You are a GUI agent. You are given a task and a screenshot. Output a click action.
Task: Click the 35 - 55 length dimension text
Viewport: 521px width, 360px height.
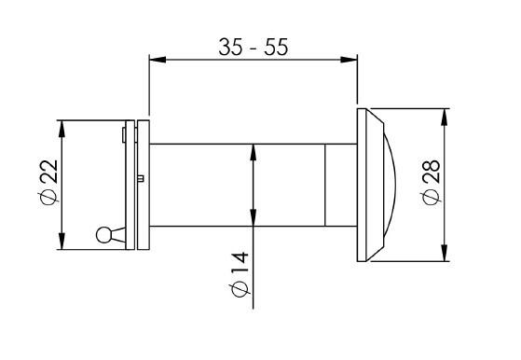(254, 48)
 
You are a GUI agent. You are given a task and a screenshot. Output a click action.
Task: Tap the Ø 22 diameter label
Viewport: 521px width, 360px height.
(48, 182)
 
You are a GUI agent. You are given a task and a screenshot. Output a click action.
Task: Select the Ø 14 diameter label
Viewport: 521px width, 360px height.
(240, 274)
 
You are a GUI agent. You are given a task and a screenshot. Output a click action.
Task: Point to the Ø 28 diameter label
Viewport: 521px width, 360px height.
(432, 182)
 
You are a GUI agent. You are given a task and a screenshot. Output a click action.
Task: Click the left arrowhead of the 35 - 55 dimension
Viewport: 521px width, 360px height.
(158, 60)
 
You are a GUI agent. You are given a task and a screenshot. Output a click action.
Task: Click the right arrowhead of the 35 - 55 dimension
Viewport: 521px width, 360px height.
(349, 60)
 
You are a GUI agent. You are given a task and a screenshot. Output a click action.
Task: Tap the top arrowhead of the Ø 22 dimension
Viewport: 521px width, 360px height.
(62, 129)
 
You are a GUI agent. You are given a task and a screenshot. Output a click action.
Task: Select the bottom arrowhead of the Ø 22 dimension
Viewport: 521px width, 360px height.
(62, 241)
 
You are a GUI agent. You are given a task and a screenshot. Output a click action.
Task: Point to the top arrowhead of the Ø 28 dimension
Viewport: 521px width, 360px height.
(445, 117)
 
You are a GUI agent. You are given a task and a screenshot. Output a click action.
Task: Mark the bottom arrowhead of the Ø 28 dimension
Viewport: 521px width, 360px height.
(445, 253)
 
